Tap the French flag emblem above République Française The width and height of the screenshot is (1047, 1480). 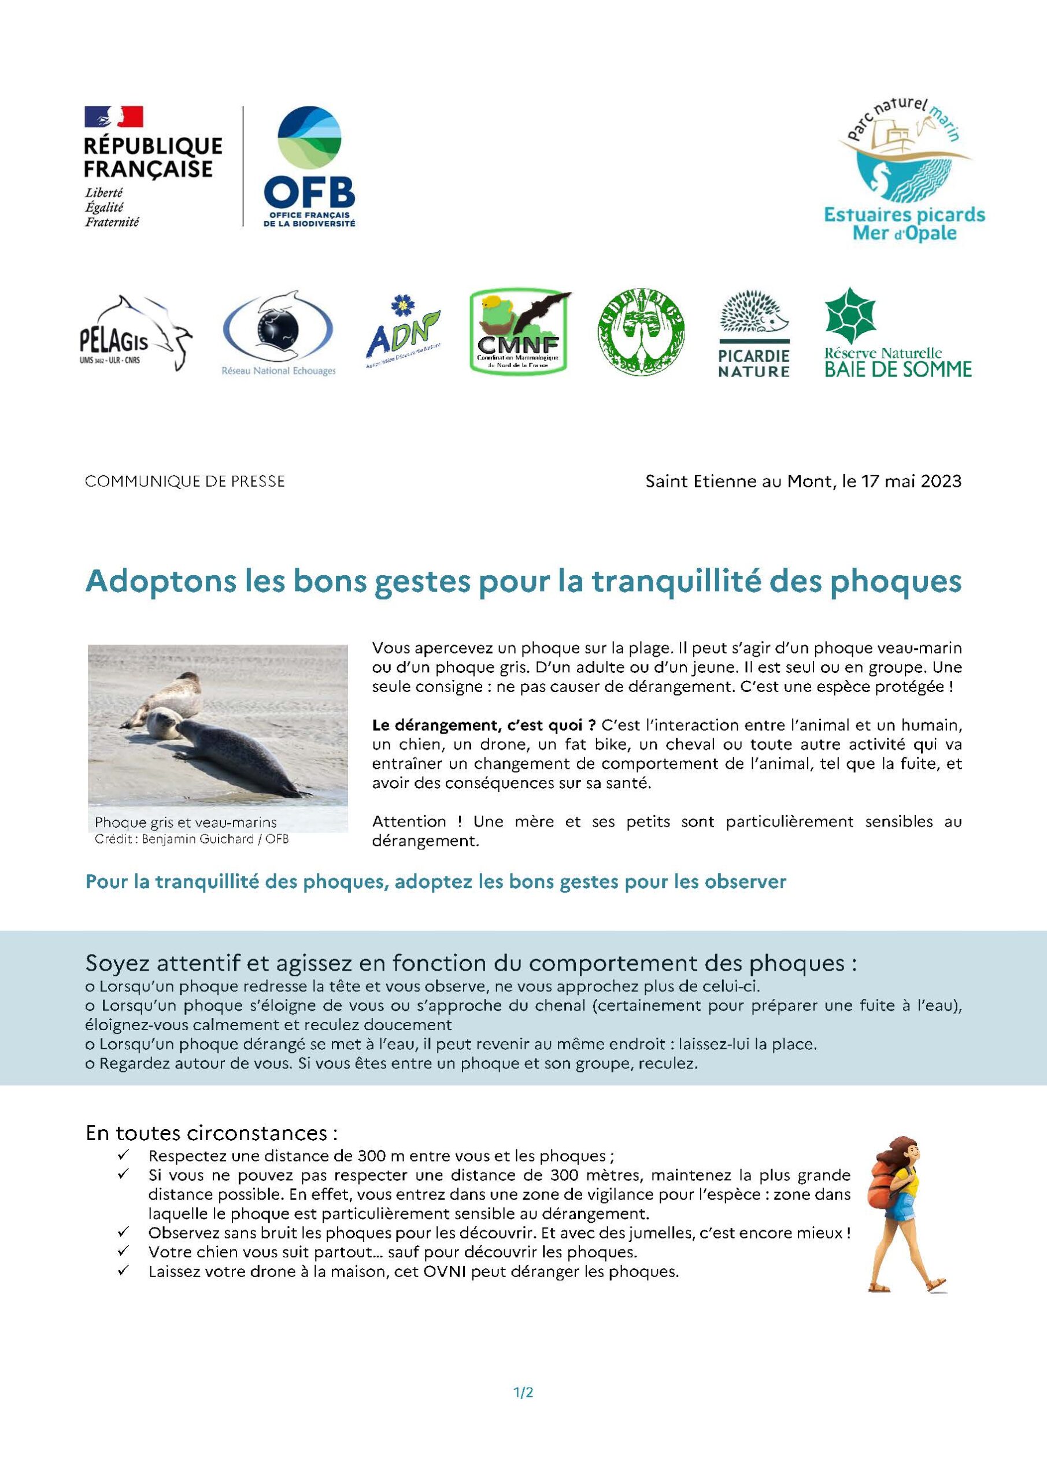pyautogui.click(x=113, y=117)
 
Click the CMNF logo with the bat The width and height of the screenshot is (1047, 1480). pyautogui.click(x=520, y=331)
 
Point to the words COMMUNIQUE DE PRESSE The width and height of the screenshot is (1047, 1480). pyautogui.click(x=185, y=482)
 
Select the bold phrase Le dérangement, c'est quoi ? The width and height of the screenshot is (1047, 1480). pyautogui.click(x=483, y=724)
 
